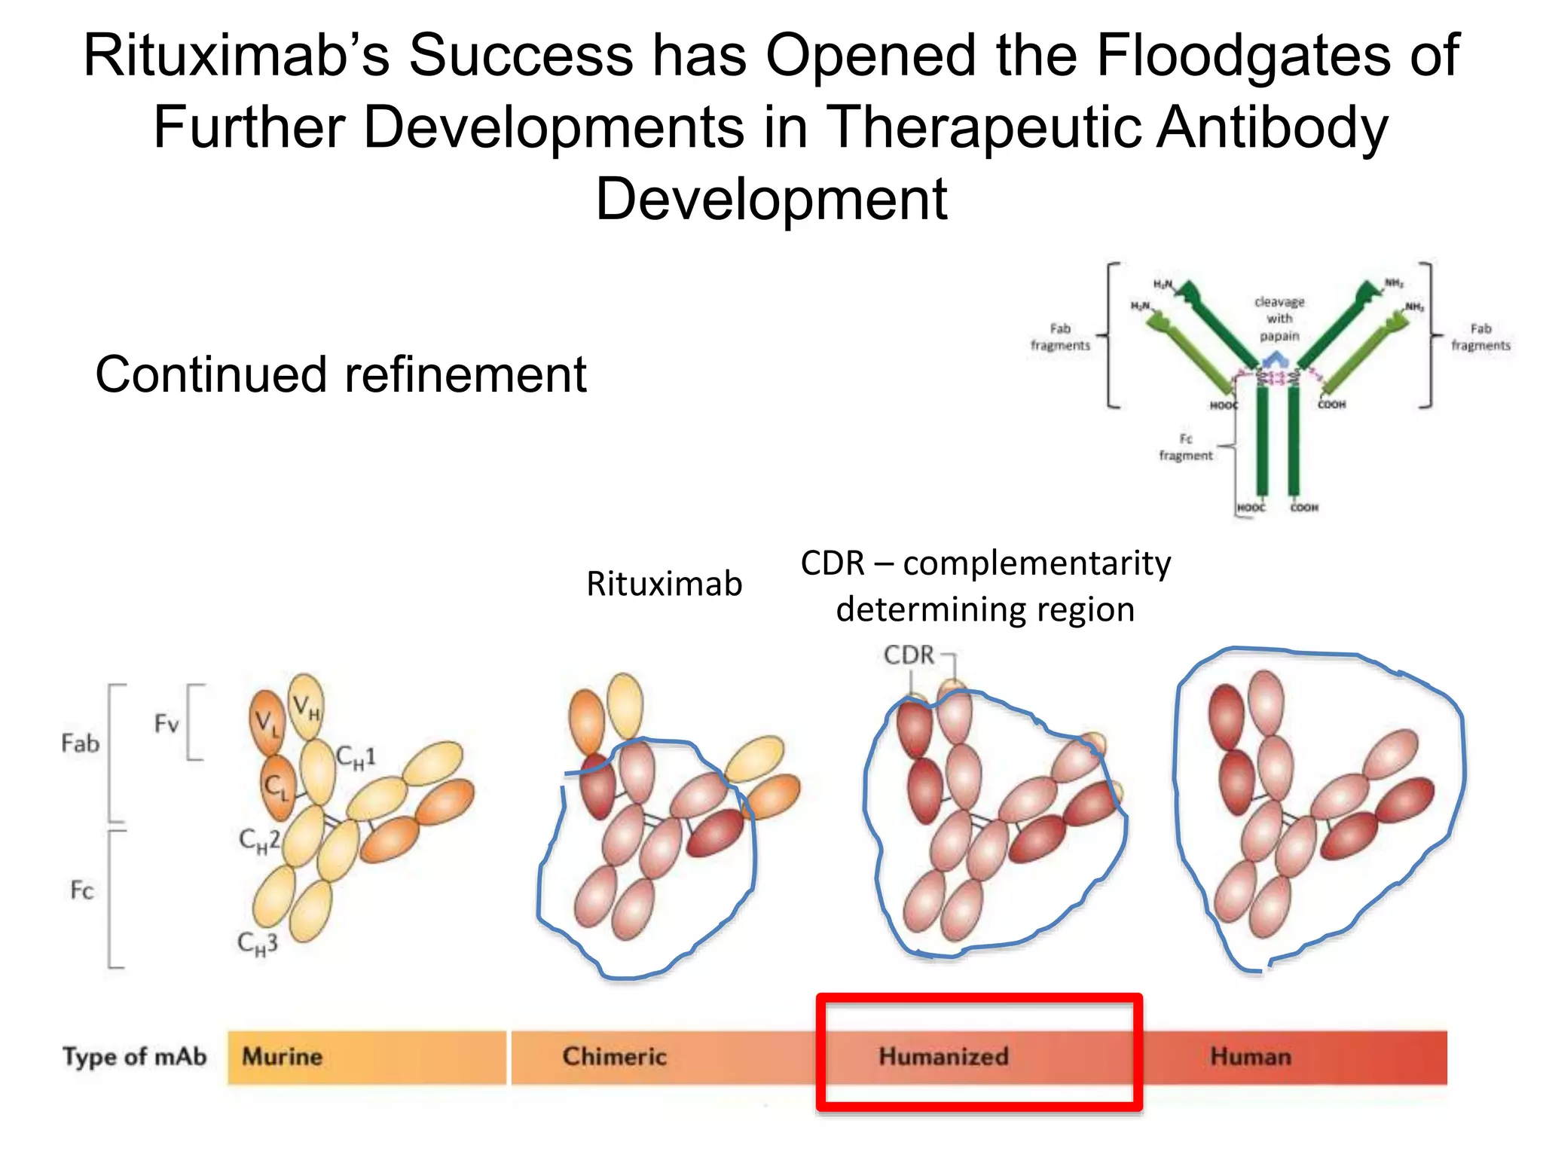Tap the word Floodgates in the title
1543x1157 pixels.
click(x=1243, y=56)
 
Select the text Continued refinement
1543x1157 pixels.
click(x=341, y=374)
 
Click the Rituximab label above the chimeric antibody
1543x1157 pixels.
click(x=664, y=585)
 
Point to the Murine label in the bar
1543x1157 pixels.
click(x=282, y=1057)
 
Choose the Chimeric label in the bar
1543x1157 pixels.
click(x=614, y=1057)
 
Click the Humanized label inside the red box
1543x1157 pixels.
click(x=943, y=1056)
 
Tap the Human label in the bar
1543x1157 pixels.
click(x=1251, y=1057)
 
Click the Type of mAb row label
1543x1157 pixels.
click(x=134, y=1057)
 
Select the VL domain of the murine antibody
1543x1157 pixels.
click(x=266, y=722)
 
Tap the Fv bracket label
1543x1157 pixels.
click(x=167, y=725)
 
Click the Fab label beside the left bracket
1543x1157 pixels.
click(x=80, y=744)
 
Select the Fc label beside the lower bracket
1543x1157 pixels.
click(x=81, y=890)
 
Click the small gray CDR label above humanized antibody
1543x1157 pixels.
click(x=909, y=655)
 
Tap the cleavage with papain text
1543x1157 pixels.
click(x=1279, y=319)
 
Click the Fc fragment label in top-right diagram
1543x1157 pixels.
click(x=1186, y=447)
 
